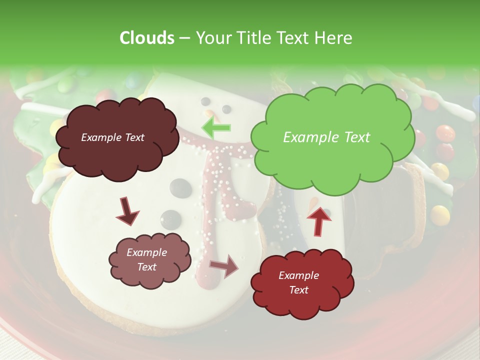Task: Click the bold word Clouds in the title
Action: [x=146, y=38]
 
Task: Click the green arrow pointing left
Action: [x=216, y=127]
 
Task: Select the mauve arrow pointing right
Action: [x=224, y=265]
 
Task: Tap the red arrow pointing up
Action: [x=318, y=220]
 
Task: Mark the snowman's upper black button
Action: [x=179, y=187]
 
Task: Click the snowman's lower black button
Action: [x=170, y=218]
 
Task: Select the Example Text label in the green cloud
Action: [x=326, y=137]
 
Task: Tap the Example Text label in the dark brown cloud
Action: [x=112, y=137]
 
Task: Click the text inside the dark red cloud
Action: [x=298, y=282]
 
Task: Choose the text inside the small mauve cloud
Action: [x=147, y=259]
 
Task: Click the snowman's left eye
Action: [x=205, y=101]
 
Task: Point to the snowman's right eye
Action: [x=226, y=108]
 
